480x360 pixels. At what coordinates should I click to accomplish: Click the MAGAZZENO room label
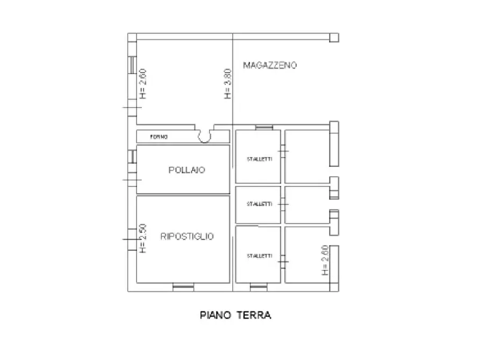270,66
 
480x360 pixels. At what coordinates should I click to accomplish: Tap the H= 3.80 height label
227,84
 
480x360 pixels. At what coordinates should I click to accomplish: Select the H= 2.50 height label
142,239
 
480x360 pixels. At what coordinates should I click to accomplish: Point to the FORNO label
159,138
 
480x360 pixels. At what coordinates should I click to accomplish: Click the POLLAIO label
187,170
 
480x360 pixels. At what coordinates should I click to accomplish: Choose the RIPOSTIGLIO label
187,236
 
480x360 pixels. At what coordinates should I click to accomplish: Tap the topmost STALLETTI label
259,160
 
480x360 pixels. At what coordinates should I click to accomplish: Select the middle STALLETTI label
259,204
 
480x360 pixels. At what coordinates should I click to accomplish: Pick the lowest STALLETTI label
259,255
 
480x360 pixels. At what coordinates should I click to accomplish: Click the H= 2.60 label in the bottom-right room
324,261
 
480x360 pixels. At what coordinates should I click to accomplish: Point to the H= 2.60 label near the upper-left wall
142,84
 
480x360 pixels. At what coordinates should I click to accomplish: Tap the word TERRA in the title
254,315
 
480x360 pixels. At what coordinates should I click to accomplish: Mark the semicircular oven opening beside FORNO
205,136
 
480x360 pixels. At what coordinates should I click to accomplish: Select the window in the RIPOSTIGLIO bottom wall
183,287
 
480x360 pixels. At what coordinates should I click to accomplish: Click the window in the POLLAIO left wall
131,156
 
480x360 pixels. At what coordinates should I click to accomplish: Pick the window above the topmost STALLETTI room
264,127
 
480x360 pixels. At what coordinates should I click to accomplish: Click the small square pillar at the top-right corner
334,37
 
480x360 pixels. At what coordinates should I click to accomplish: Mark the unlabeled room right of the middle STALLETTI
306,205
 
